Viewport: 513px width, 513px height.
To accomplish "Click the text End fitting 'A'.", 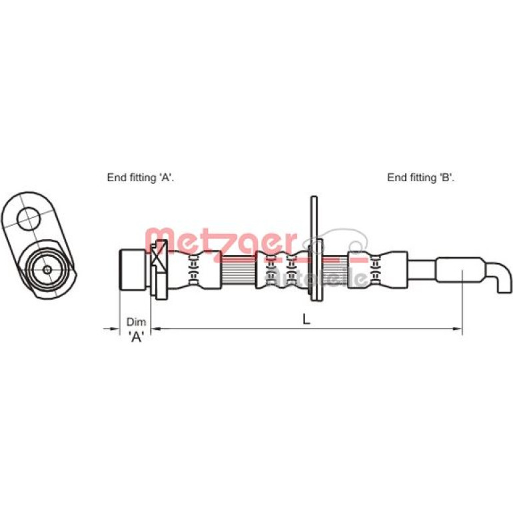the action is tap(141, 178).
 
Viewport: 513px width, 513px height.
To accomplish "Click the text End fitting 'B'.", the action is tap(421, 178).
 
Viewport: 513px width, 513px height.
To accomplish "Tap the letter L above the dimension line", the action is tap(306, 319).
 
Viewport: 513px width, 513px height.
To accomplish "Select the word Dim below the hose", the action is tap(136, 322).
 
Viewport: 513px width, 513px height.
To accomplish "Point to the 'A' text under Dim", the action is tap(136, 336).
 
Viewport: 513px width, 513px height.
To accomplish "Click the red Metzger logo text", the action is tap(221, 242).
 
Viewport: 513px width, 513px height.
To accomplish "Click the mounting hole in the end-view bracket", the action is tap(29, 219).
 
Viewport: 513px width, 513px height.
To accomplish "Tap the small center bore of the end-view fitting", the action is tap(47, 270).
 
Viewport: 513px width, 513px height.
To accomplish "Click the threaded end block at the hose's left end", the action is tap(132, 270).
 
